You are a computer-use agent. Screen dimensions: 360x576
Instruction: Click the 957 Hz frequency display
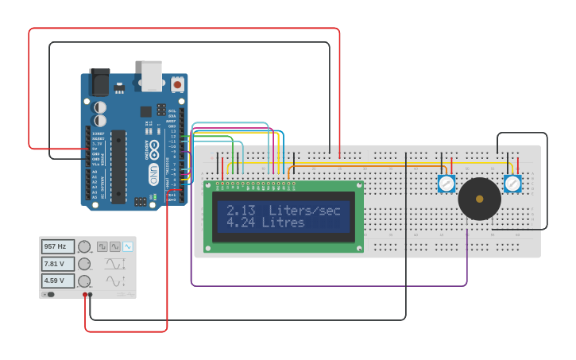click(x=57, y=247)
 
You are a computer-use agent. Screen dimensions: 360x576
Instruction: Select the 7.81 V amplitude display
click(x=57, y=264)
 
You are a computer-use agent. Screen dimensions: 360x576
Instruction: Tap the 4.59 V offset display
click(x=57, y=281)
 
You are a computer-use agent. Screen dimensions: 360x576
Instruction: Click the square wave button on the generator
click(x=102, y=247)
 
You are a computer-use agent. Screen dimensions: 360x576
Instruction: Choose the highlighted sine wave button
click(x=127, y=247)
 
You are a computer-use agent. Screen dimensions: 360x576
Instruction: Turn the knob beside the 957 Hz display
click(x=84, y=247)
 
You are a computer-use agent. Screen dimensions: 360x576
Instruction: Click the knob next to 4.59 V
click(x=84, y=281)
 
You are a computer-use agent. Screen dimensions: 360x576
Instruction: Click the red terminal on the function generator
click(x=85, y=295)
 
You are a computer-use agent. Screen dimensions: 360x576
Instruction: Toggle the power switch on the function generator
click(x=48, y=294)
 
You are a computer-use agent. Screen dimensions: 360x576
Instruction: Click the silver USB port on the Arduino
click(x=152, y=75)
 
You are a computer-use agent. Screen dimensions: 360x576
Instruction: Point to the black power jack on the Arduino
click(x=99, y=82)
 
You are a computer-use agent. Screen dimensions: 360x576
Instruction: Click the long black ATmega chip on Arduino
click(x=118, y=167)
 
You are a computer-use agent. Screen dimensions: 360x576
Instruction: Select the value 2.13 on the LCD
click(x=241, y=211)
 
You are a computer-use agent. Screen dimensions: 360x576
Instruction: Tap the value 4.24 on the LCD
click(x=241, y=223)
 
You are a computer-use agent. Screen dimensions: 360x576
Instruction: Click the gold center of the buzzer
click(x=479, y=199)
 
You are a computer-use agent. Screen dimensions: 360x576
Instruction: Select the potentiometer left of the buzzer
click(x=446, y=184)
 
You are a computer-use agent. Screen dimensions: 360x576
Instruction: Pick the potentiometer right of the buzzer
click(x=512, y=184)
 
